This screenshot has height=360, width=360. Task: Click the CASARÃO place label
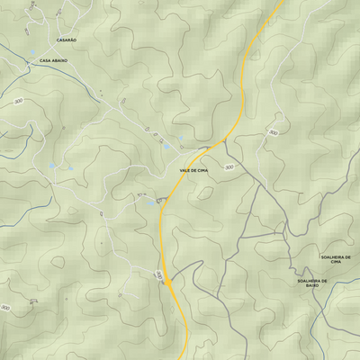click(67, 40)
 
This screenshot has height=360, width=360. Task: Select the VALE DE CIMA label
click(193, 170)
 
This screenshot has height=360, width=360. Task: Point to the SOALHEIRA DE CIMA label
click(336, 259)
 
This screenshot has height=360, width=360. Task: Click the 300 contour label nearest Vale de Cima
click(229, 167)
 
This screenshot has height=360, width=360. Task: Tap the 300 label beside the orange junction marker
click(159, 274)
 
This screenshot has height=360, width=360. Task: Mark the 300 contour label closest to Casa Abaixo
click(18, 101)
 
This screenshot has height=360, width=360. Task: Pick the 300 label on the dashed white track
click(273, 132)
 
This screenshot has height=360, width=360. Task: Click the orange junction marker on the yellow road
click(168, 282)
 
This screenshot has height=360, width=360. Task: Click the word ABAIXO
click(61, 60)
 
